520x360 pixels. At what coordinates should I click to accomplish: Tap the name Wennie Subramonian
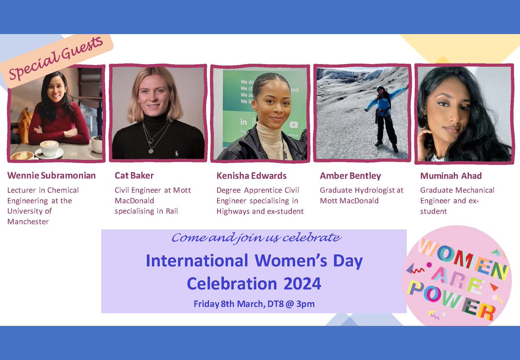(52, 175)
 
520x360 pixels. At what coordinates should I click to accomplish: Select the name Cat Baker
(134, 175)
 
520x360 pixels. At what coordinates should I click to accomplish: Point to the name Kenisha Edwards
(251, 175)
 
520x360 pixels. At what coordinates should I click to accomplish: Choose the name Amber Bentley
(344, 175)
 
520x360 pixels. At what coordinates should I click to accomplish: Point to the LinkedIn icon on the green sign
(244, 122)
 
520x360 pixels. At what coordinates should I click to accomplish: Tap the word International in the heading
(197, 261)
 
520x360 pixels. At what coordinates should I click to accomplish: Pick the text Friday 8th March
(227, 304)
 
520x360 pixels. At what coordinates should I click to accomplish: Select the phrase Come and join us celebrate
(256, 238)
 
